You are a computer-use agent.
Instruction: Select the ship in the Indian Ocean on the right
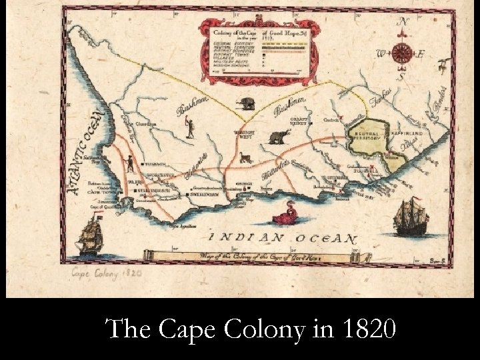click(409, 219)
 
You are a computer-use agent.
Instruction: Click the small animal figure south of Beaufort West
click(244, 159)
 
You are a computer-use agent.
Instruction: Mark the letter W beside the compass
click(381, 53)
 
